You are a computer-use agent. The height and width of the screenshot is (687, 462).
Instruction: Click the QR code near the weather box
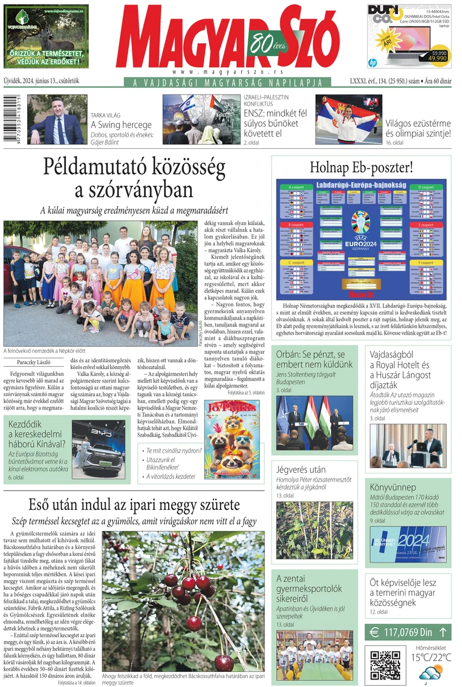pyautogui.click(x=384, y=663)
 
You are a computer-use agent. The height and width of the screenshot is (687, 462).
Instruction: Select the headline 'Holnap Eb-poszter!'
pyautogui.click(x=362, y=168)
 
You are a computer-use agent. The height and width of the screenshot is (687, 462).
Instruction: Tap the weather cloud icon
pyautogui.click(x=431, y=673)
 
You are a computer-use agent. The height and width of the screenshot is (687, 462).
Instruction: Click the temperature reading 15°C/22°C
pyautogui.click(x=430, y=657)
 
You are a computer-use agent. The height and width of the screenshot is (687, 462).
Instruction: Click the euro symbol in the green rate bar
pyautogui.click(x=374, y=632)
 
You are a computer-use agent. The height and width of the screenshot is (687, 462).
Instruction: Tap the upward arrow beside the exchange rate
pyautogui.click(x=442, y=632)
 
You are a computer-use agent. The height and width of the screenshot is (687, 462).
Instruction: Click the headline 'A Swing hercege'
pyautogui.click(x=121, y=124)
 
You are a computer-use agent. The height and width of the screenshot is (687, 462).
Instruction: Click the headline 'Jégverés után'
pyautogui.click(x=300, y=470)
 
